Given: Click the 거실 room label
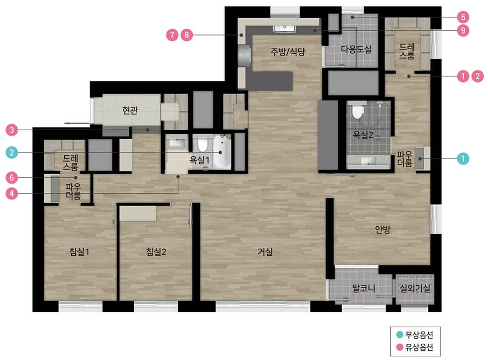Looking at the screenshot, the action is tap(265, 252).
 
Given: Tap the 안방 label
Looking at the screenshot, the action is tap(383, 229).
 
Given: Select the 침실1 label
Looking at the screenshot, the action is tap(79, 252).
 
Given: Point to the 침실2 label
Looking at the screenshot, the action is tap(156, 252).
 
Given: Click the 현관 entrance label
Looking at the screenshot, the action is tap(130, 110).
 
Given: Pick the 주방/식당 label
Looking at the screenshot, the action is tap(287, 52).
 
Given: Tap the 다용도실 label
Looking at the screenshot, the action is tap(356, 49).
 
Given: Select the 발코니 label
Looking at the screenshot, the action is tap(363, 288).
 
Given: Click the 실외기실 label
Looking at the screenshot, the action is tap(415, 288).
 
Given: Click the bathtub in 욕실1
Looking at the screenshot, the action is tap(222, 152).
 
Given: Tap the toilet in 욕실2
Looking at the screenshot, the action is tap(358, 111).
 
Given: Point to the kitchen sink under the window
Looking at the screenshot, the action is tap(284, 29).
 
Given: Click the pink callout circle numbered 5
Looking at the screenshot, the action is tap(463, 17).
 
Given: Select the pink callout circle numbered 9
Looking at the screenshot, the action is tap(463, 30).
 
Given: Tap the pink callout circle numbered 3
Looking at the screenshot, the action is tap(12, 130).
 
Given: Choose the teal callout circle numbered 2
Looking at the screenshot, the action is tap(12, 152).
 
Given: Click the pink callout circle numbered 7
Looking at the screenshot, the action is tap(172, 35).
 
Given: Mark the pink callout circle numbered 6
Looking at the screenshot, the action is tap(12, 178).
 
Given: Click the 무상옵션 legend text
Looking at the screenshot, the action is tap(419, 335).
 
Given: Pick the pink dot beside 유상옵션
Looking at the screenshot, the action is tap(399, 347).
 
